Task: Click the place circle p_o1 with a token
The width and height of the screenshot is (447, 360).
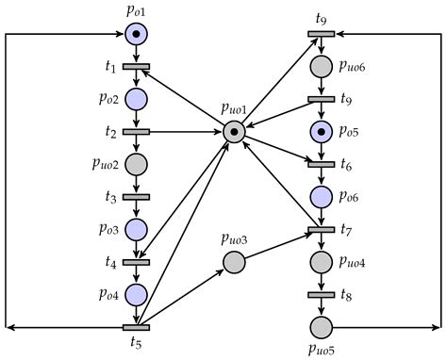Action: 137,35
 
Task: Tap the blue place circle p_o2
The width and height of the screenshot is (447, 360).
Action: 137,100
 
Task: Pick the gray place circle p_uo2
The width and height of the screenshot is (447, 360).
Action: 137,165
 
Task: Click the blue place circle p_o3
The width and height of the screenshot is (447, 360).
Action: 137,230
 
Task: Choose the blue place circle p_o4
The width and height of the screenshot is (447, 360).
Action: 137,295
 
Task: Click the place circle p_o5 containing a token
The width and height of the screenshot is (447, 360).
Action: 321,131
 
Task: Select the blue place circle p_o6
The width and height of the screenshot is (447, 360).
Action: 321,196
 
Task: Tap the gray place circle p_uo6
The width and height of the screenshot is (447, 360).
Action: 321,66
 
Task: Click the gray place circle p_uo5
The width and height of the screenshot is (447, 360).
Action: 321,327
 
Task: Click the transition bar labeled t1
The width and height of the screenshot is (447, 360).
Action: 137,67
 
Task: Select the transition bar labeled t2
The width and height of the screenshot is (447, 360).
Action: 137,132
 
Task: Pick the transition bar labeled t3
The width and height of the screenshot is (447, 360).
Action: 137,197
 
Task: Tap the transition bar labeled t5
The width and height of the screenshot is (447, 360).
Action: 137,327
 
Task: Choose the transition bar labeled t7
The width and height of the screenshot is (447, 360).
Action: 321,229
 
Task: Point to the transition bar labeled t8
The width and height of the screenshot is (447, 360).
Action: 321,294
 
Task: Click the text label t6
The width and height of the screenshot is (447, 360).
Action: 348,165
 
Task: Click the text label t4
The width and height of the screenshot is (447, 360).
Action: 111,263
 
